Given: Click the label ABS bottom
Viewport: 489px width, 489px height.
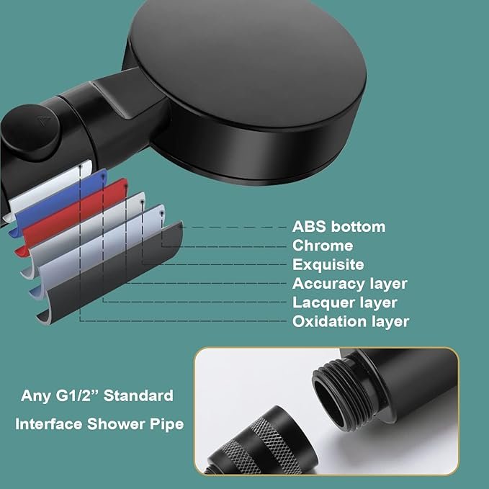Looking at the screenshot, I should (x=338, y=227).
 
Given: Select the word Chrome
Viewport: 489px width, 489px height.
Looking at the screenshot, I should (x=323, y=246).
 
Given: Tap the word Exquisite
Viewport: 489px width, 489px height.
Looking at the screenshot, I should (x=328, y=265).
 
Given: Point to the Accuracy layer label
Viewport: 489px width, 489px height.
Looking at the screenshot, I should (x=349, y=284).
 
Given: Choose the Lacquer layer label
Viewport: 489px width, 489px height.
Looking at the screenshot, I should (x=344, y=302).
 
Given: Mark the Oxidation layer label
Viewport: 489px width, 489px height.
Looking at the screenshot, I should (x=350, y=321).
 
